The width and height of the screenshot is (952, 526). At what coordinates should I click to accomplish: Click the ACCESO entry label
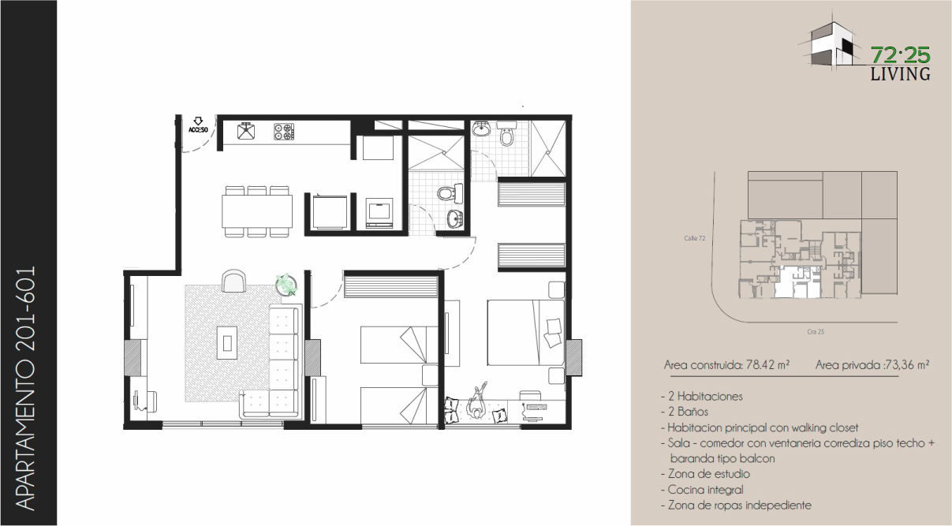[198, 129]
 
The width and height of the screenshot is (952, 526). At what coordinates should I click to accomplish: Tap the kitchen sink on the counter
[246, 131]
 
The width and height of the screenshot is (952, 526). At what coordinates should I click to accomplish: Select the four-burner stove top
[284, 131]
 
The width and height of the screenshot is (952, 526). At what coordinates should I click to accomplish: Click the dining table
[257, 211]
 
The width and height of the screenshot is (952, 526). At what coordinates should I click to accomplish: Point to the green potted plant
[286, 284]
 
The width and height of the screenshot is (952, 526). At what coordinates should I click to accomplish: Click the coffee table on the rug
[227, 342]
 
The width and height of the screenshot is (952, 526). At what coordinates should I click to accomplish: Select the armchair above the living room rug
[233, 281]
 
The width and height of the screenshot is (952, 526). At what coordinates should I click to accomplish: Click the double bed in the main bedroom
[526, 333]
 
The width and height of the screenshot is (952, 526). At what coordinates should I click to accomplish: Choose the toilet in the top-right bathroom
[506, 134]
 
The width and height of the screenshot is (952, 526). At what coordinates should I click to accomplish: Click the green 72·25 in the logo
[900, 56]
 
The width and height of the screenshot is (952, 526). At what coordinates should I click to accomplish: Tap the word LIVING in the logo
[900, 74]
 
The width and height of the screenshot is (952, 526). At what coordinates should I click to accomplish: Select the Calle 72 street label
[694, 238]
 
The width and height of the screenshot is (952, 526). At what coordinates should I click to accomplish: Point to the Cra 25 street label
[816, 332]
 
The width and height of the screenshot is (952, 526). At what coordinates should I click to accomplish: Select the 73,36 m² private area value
[906, 365]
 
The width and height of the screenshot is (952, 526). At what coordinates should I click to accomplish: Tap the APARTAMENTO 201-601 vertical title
[26, 389]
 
